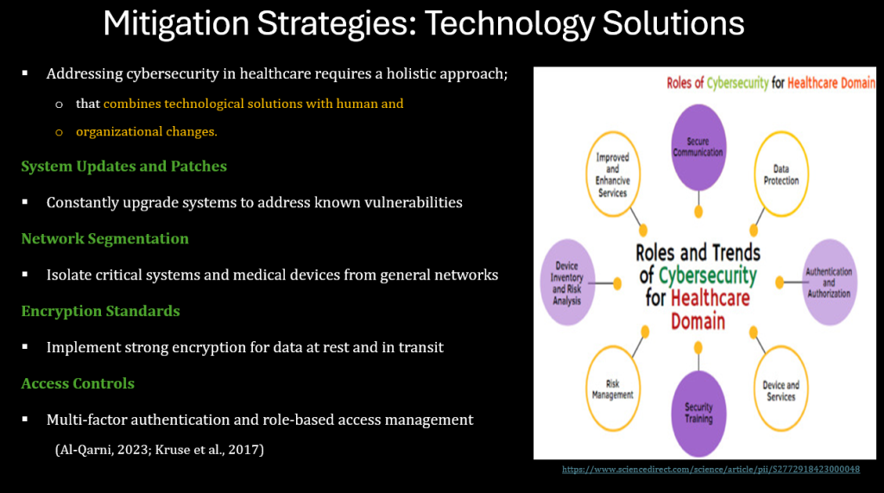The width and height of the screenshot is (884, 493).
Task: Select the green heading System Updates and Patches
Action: (x=124, y=167)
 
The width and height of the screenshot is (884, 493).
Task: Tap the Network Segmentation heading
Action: (x=104, y=238)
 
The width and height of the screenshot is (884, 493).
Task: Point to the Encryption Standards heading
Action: (x=100, y=312)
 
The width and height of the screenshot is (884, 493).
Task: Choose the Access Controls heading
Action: (x=78, y=383)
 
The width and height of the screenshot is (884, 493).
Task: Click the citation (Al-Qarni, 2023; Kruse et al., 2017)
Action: (x=160, y=450)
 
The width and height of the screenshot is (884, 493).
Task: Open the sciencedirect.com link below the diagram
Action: (x=711, y=470)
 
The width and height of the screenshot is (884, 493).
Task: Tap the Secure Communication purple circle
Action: (x=698, y=148)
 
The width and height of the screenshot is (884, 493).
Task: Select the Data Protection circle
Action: (x=780, y=174)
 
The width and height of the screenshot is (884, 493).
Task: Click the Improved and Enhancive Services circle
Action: (x=613, y=174)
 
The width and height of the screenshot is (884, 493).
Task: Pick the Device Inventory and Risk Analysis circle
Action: (x=567, y=282)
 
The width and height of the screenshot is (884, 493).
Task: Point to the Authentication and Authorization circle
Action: (x=829, y=282)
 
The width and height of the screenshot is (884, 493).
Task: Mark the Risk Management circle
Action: (x=613, y=389)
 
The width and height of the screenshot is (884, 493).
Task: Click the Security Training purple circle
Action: (x=698, y=414)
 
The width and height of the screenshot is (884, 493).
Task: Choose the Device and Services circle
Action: (x=780, y=389)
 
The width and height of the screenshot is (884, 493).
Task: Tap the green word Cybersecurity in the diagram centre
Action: (x=708, y=275)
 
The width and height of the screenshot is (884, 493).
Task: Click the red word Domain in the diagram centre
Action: (x=698, y=321)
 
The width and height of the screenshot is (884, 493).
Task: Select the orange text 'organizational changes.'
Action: (x=147, y=132)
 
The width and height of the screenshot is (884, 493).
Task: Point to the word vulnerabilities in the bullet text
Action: (x=414, y=203)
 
